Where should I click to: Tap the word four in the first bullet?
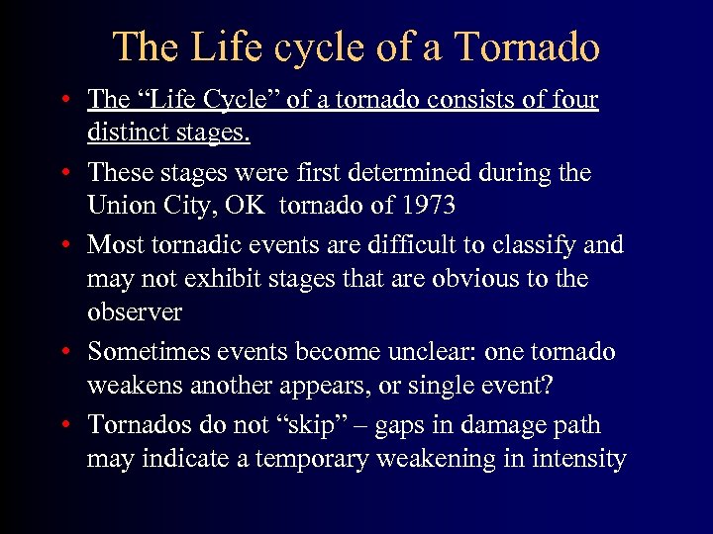(574, 100)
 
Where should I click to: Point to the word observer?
(135, 311)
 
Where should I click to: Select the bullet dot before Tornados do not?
(63, 426)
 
